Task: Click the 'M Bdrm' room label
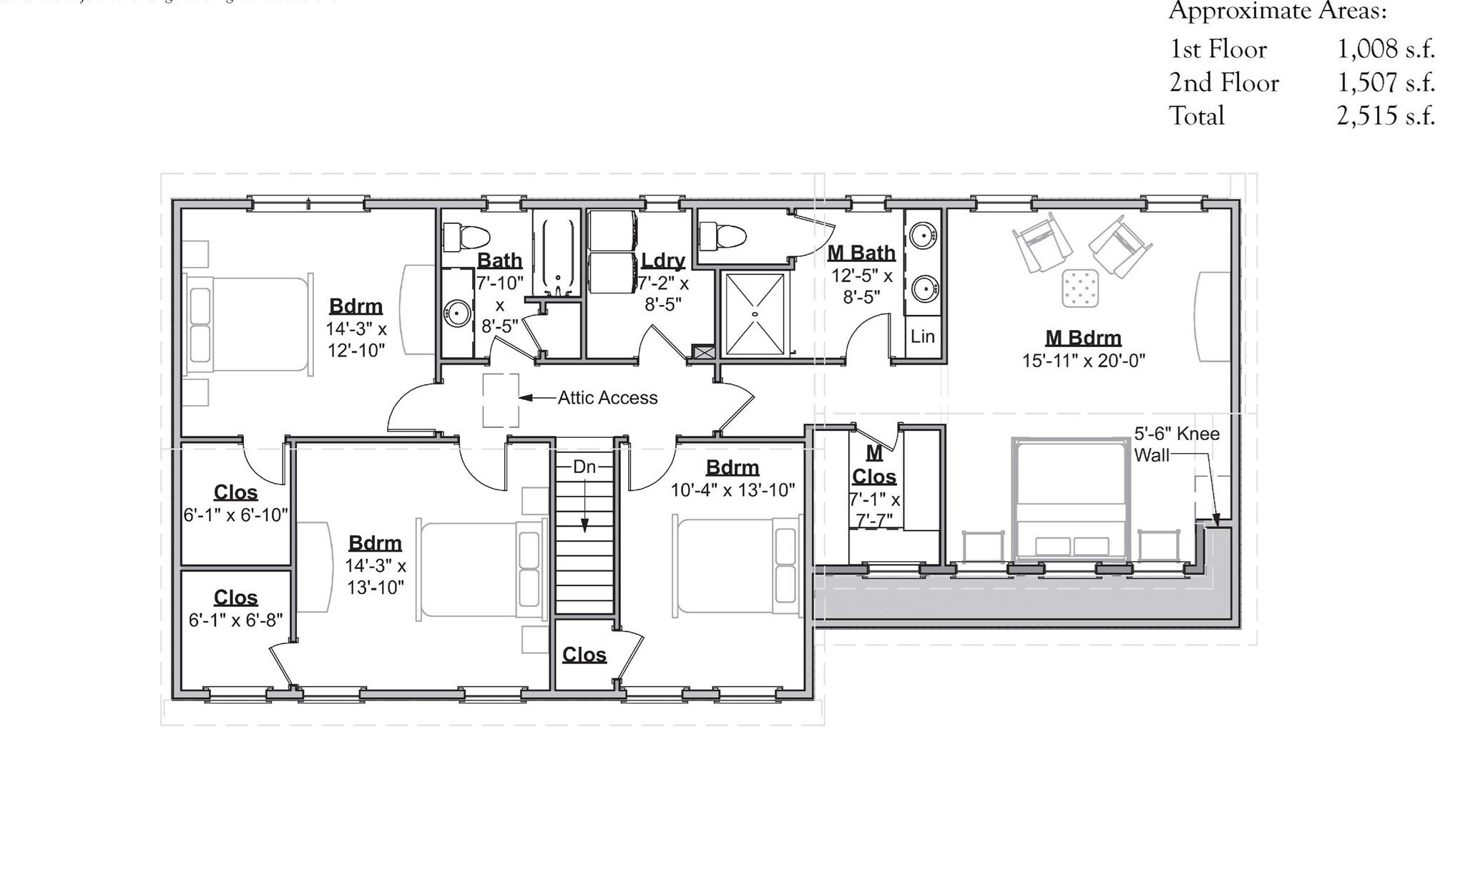point(1083,338)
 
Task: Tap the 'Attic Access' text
point(607,398)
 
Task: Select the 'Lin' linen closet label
point(922,336)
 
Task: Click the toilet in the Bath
point(466,236)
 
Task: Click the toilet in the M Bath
point(722,234)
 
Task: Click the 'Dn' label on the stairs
point(584,467)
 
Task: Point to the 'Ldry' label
point(663,261)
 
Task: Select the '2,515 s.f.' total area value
point(1386,116)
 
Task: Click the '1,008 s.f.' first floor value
point(1386,49)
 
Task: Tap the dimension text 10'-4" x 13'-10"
point(732,490)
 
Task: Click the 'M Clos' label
point(874,464)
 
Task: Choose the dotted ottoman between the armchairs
point(1080,288)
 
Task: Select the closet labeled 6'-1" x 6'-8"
point(235,608)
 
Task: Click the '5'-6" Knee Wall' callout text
point(1176,444)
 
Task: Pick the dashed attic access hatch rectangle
point(501,400)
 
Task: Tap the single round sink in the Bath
point(456,313)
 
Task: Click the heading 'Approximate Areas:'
point(1278,11)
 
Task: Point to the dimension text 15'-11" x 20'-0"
point(1083,361)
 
